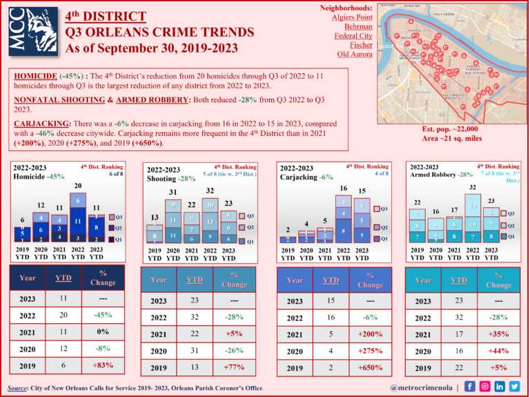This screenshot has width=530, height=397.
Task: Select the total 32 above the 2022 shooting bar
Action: [x=210, y=191]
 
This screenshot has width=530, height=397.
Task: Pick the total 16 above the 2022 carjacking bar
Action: [x=343, y=188]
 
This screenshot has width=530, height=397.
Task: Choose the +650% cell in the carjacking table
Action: [x=371, y=368]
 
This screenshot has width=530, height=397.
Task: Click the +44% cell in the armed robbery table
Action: [x=498, y=351]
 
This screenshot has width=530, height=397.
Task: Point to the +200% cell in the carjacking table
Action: [x=371, y=334]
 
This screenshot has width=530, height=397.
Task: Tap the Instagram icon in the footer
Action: [x=484, y=387]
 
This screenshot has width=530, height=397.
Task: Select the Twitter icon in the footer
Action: [x=514, y=387]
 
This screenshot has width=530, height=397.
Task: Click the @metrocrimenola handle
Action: [x=422, y=387]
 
